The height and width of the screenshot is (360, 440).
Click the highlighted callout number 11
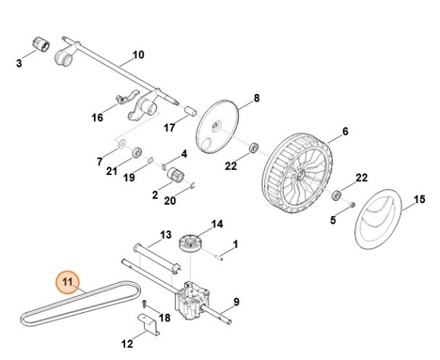pos(68,281)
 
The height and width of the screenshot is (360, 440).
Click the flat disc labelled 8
pos(217,127)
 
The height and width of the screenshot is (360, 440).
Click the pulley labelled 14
pos(191,243)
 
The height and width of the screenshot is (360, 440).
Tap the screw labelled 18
pos(144,303)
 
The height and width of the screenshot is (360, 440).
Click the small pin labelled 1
pos(219,257)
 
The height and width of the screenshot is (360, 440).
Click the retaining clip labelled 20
pos(193,186)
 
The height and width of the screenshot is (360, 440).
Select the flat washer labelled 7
pos(121,145)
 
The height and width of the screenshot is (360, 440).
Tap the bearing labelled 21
pos(137,152)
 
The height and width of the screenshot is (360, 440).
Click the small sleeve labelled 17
pos(190,110)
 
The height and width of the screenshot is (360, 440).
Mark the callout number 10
pos(138,55)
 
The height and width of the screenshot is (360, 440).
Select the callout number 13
pos(165,234)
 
